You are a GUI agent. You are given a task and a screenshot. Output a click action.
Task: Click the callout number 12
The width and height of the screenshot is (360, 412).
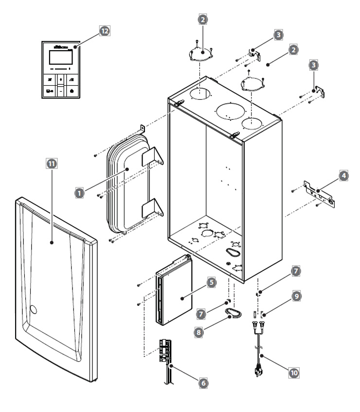(x=103, y=31)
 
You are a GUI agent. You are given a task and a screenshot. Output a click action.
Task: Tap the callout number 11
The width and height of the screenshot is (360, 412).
(x=51, y=164)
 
